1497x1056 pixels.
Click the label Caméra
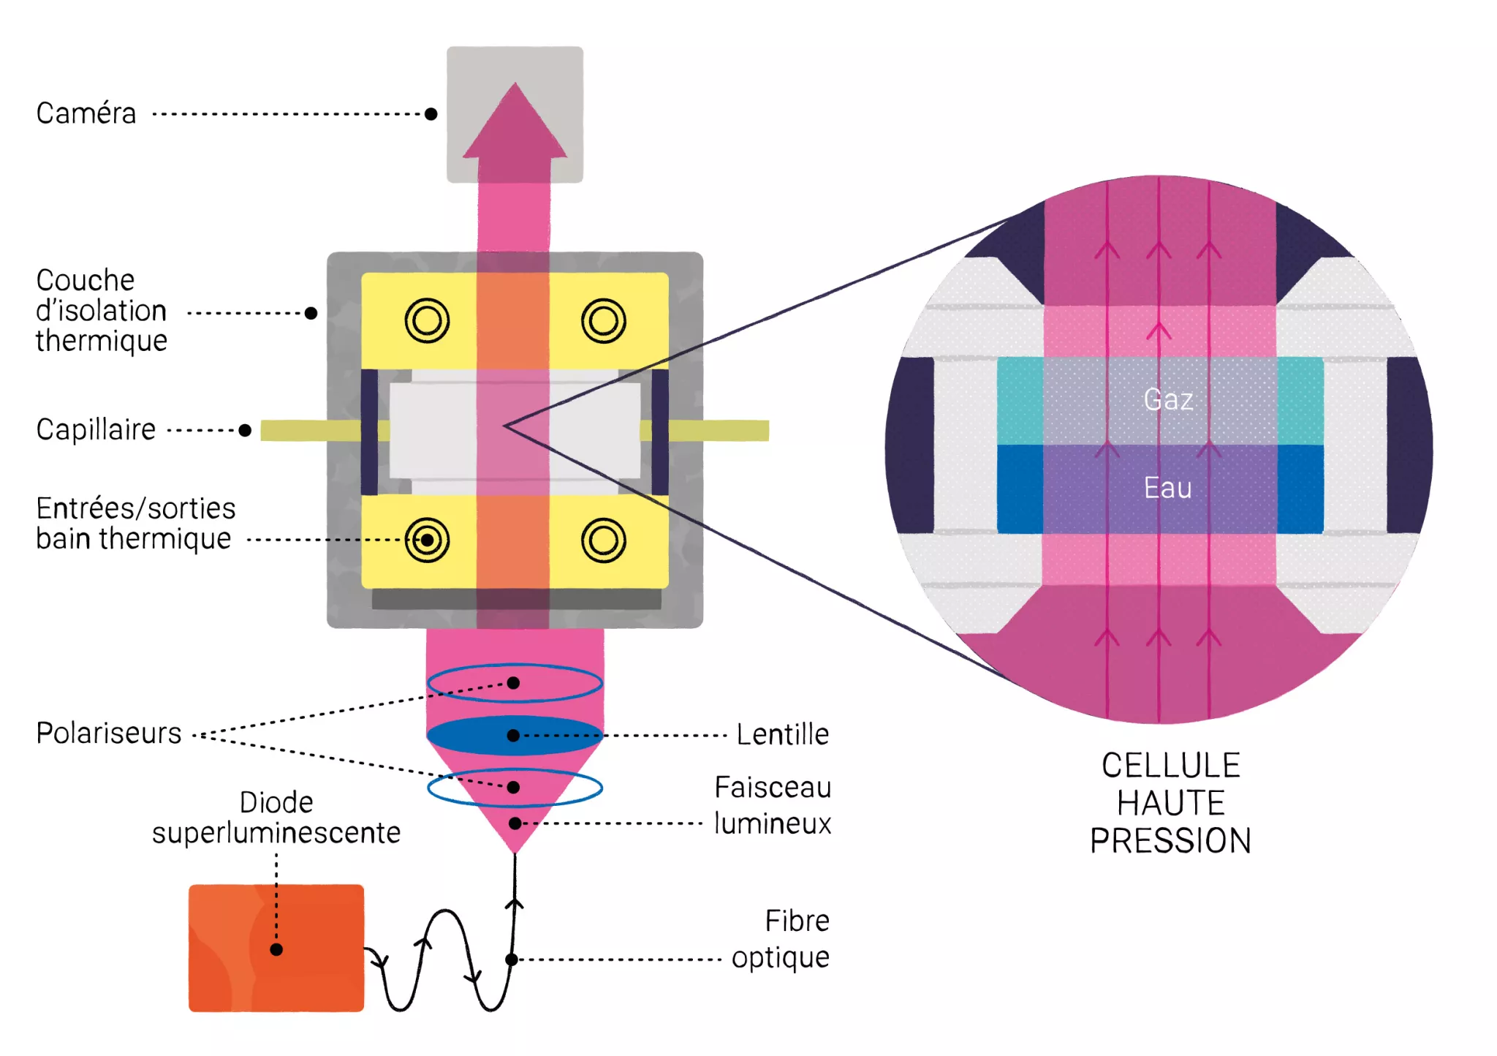point(86,113)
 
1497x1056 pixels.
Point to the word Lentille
point(782,734)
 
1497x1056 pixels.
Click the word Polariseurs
point(109,733)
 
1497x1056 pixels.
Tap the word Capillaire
point(96,429)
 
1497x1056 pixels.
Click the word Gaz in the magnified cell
point(1168,399)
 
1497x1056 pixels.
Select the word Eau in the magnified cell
point(1167,488)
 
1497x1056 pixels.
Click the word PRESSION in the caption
point(1170,840)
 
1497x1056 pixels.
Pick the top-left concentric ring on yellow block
point(427,320)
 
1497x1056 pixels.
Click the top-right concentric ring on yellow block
point(603,320)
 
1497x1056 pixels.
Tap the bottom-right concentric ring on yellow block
point(603,540)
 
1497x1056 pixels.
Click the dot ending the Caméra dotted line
point(431,114)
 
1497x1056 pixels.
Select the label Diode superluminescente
point(276,818)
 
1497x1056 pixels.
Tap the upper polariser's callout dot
point(513,683)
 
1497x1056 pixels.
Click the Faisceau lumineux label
point(773,805)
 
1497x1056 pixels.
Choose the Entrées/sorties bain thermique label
point(135,523)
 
